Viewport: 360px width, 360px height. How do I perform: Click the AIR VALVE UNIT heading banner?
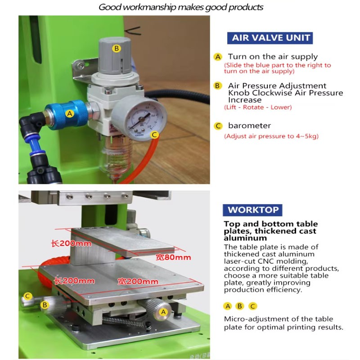[271, 37]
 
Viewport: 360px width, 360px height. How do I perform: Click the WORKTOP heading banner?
[253, 210]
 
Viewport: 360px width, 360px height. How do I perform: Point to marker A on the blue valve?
[69, 113]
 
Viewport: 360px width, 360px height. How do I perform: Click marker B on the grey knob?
[116, 48]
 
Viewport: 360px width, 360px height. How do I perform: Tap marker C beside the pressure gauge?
[154, 135]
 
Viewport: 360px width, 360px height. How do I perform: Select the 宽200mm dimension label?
[138, 282]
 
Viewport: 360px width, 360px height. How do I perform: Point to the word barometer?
[249, 126]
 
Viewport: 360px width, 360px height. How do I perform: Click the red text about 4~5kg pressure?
[271, 136]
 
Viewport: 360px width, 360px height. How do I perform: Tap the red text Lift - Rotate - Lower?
[257, 107]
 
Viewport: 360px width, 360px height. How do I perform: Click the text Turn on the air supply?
[273, 57]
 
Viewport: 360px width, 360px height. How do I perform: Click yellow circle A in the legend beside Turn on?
[218, 57]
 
